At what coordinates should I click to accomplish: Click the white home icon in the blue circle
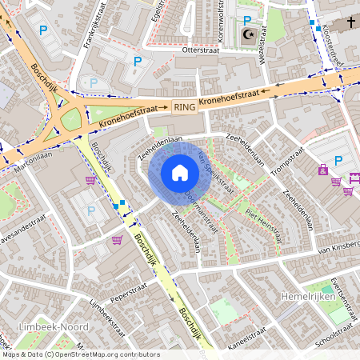pos(180,173)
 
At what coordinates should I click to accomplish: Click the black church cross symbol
pos(349,22)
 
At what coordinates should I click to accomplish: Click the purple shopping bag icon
pos(322,170)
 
